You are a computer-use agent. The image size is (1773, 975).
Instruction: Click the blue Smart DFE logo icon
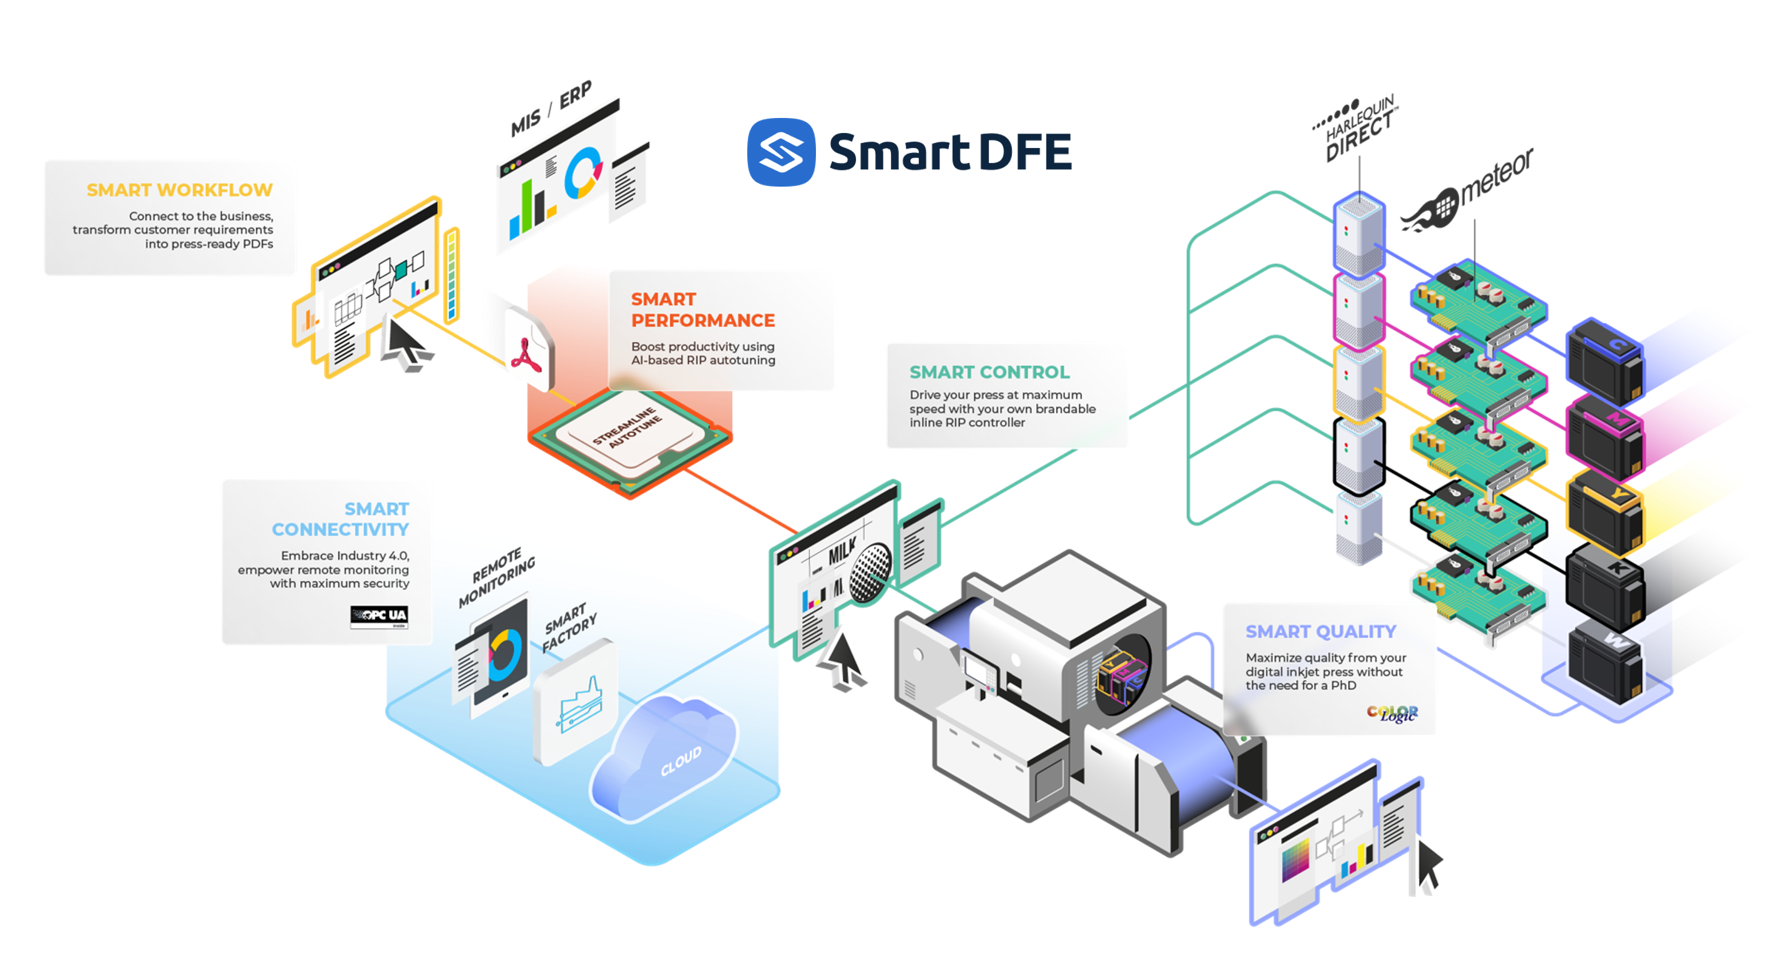[781, 152]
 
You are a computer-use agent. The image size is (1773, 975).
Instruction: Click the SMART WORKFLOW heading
[180, 190]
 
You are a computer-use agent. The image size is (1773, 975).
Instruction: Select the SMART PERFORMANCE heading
[703, 310]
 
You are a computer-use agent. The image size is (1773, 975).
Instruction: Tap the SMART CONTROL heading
[989, 372]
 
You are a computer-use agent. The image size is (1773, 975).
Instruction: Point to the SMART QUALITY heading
[1321, 632]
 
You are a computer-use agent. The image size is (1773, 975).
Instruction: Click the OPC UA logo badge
[378, 617]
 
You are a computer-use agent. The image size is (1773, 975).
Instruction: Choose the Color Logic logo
[1392, 713]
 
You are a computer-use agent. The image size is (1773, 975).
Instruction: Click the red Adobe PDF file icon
[528, 350]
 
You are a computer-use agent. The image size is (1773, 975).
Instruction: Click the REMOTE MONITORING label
[496, 577]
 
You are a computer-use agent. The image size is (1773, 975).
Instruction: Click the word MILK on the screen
[842, 551]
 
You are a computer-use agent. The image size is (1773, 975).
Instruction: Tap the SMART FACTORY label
[569, 627]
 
